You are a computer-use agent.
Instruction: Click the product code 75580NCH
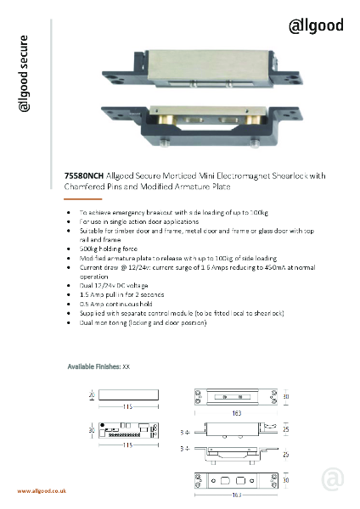click(x=83, y=176)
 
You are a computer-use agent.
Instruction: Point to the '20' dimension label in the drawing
click(x=91, y=395)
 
